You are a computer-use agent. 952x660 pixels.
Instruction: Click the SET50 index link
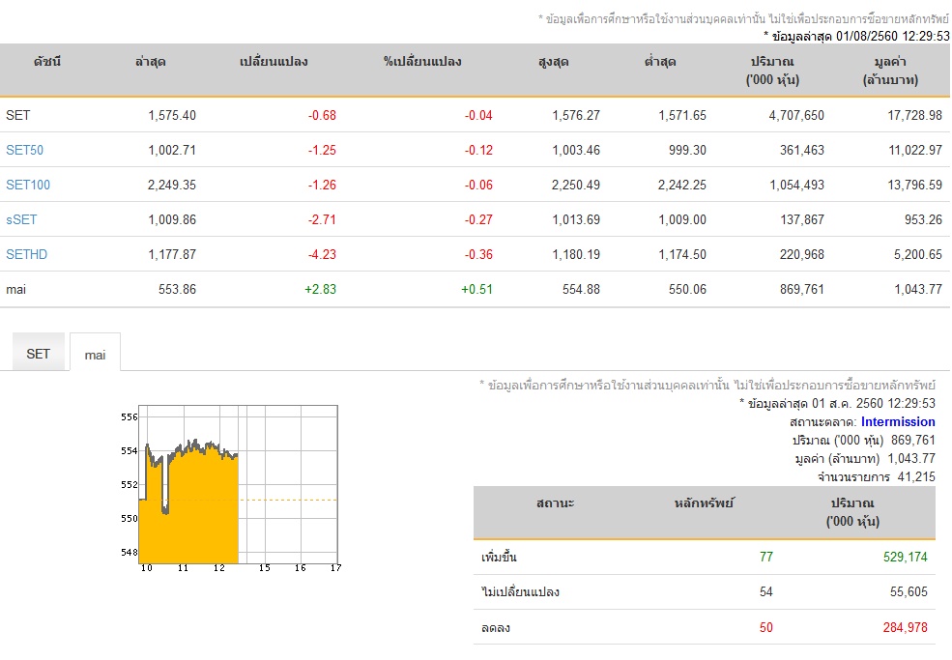tap(25, 150)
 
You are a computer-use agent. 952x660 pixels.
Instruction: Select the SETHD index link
tap(27, 254)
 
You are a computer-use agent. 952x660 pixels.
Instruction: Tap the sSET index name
tap(21, 219)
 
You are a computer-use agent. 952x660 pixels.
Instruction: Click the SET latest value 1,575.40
tap(172, 115)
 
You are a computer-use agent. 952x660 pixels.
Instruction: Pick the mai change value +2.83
tap(320, 290)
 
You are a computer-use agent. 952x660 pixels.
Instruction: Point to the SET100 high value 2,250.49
tap(576, 186)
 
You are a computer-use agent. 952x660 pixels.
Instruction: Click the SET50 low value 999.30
tap(687, 150)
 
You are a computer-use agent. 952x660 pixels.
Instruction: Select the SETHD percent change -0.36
tap(478, 254)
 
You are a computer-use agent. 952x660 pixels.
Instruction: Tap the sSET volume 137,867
tap(802, 219)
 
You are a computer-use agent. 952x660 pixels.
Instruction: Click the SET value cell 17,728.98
tap(915, 115)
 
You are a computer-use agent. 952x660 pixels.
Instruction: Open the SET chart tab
tap(39, 354)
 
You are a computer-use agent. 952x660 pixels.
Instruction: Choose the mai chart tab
tap(95, 355)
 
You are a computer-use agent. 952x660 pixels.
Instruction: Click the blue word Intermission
tap(898, 422)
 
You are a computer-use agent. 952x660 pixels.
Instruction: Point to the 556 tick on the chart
tap(130, 417)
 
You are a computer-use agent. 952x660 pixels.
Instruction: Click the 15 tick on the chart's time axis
tap(265, 567)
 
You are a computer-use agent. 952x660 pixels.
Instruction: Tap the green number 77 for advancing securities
tap(766, 557)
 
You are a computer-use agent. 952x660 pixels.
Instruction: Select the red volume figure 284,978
tap(906, 627)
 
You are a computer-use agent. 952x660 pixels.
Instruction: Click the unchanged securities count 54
tap(766, 592)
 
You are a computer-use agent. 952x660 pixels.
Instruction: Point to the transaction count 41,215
tap(916, 476)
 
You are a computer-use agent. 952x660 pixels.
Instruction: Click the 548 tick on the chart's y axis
tap(130, 552)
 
